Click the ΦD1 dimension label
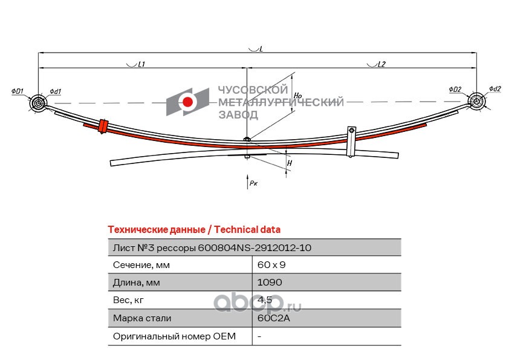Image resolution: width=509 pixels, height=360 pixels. tap(17, 91)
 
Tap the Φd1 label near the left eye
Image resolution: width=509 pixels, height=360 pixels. tap(56, 91)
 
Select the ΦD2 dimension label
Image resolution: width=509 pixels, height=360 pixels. tap(455, 89)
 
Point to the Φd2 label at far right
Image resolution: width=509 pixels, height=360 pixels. tap(495, 88)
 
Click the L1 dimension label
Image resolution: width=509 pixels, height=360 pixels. tap(141, 64)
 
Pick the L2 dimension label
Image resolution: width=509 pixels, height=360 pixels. tap(381, 64)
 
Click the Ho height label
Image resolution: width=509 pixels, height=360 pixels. tap(297, 95)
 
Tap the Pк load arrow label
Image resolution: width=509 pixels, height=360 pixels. tap(253, 183)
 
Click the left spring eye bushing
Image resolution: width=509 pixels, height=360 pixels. tap(38, 103)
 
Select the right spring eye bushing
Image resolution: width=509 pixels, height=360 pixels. tap(476, 101)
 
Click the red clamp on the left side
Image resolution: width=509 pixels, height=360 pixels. tap(103, 126)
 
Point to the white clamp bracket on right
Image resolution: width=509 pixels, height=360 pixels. tap(351, 142)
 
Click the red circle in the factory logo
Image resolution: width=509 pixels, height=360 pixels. tap(187, 102)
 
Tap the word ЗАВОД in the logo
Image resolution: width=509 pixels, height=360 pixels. tap(238, 115)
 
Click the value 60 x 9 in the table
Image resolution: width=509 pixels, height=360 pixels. tap(271, 265)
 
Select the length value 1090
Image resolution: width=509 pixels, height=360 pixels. tap(270, 283)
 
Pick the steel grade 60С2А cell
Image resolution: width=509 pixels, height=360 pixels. tap(273, 318)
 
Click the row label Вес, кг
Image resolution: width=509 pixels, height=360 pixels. tap(128, 300)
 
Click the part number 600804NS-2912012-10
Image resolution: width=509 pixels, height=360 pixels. tap(254, 248)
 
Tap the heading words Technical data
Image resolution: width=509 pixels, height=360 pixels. tap(247, 229)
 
